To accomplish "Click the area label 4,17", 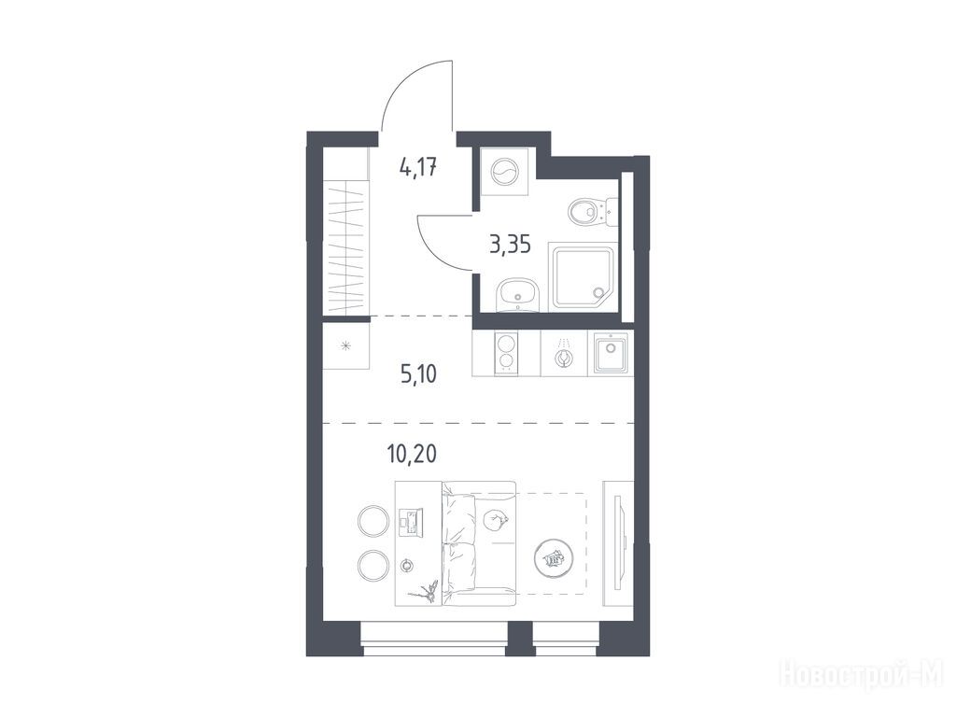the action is (x=418, y=167).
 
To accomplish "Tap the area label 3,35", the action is (x=510, y=245).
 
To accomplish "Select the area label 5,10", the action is (x=419, y=373).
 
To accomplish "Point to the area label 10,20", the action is (x=412, y=454).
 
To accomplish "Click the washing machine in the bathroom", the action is (x=504, y=172).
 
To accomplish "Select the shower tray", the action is (x=583, y=277).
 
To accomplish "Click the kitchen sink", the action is (x=611, y=353).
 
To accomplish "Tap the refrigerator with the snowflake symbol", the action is (x=345, y=347).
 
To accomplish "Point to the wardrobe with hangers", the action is (x=345, y=247).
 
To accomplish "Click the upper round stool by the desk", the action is (x=373, y=521).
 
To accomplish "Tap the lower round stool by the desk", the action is (x=373, y=565).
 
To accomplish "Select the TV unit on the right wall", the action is (x=618, y=543).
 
